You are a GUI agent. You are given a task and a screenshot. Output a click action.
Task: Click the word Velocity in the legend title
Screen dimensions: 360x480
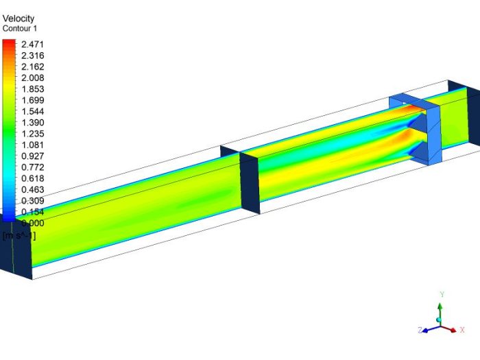(x=19, y=19)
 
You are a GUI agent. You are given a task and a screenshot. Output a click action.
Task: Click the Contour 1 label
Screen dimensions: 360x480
(x=21, y=29)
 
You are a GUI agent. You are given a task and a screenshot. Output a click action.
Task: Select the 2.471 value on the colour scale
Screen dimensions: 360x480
(x=33, y=44)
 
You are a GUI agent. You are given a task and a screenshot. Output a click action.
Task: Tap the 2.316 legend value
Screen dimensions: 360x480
(x=33, y=56)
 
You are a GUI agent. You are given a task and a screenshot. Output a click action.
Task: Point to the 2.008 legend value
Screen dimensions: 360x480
(x=33, y=78)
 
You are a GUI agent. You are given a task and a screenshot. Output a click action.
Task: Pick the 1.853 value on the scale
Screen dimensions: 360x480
(x=33, y=89)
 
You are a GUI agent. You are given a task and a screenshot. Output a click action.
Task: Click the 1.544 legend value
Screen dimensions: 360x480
(x=33, y=112)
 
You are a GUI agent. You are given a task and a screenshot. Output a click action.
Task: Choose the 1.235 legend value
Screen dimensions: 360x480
(x=33, y=134)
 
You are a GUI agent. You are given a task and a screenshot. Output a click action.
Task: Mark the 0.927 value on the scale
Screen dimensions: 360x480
(x=33, y=156)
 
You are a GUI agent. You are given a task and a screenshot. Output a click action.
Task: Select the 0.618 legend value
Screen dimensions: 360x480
(x=33, y=178)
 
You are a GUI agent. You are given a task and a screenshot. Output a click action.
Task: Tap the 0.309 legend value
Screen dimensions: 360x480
(x=33, y=201)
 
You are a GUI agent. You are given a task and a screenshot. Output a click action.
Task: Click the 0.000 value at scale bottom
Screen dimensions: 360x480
(x=33, y=223)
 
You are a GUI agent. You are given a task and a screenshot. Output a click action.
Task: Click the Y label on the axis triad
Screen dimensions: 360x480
(x=442, y=294)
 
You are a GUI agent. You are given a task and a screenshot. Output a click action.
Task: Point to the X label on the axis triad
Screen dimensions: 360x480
(x=462, y=330)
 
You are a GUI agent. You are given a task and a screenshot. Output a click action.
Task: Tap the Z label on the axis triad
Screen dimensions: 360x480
(x=420, y=330)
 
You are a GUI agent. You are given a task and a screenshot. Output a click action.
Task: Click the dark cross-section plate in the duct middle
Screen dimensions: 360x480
(x=250, y=182)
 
